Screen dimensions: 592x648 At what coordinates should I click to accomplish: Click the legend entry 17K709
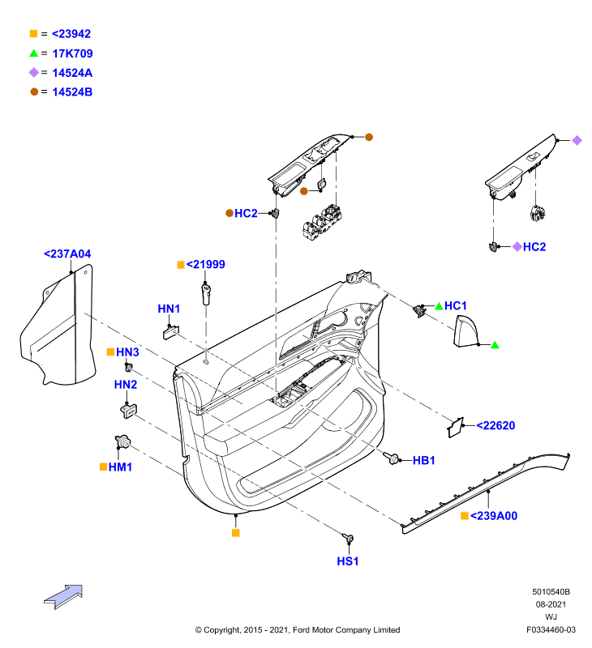pos(72,53)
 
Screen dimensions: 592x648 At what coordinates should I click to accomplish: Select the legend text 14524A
pos(72,73)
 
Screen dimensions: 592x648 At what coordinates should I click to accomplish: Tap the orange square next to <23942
pos(33,34)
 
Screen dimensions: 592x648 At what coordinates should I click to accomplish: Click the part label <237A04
pos(67,254)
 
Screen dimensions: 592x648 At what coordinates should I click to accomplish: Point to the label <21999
pos(206,265)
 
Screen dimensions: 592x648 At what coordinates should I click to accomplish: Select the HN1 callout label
pos(169,309)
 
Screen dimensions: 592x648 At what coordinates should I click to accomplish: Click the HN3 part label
pos(127,352)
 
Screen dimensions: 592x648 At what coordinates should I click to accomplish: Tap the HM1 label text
pos(120,467)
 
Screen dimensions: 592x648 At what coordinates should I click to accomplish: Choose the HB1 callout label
pos(423,460)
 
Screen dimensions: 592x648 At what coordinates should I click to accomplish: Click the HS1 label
pos(348,561)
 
